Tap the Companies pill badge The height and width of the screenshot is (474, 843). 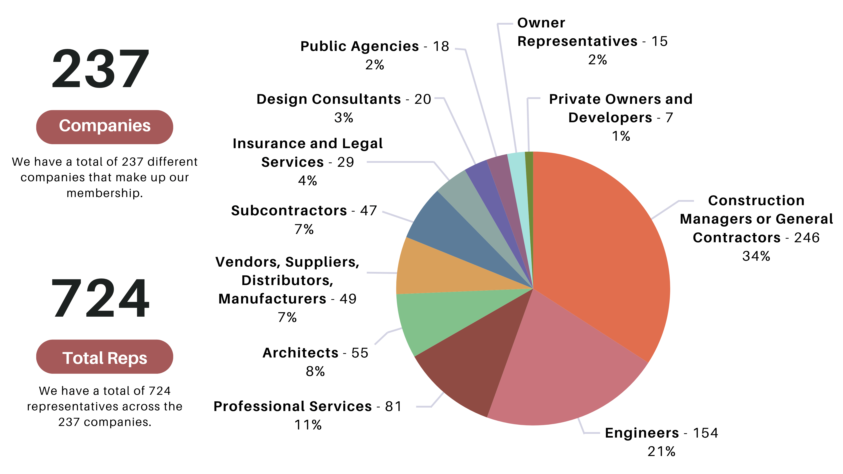104,127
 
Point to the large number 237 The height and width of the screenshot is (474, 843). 100,69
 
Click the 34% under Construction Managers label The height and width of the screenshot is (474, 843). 756,256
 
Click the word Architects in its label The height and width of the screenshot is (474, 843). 300,353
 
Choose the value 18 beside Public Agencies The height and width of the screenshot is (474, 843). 441,47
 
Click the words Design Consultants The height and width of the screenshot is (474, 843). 329,99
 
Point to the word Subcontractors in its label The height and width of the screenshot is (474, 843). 289,211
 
